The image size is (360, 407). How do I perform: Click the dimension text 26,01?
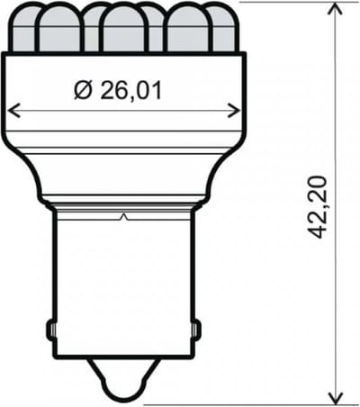130,90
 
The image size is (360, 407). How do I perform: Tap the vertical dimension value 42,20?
317,207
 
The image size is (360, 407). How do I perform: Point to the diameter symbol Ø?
82,90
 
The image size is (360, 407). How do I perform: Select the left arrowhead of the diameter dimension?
13,111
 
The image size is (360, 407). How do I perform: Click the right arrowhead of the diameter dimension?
234,111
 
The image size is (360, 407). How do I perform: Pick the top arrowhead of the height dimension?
335,8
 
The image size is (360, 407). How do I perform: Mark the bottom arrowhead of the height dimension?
335,398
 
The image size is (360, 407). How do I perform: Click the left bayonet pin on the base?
50,330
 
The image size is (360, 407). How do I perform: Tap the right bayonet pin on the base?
196,330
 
